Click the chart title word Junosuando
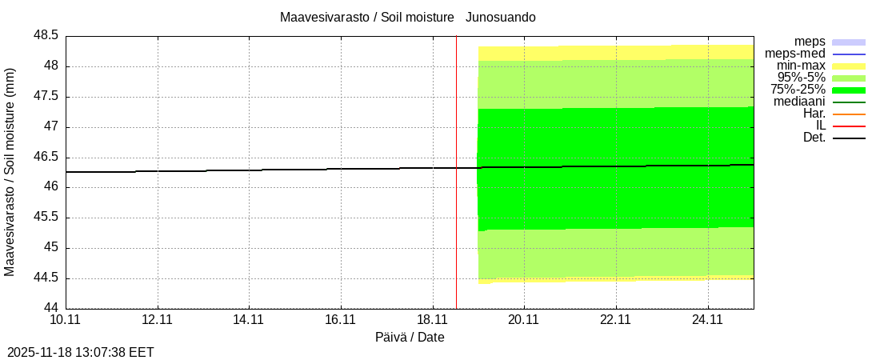[501, 17]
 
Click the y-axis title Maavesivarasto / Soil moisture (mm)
[10, 172]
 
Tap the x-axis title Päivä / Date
[410, 337]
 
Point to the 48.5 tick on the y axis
[46, 36]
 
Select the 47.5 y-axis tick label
[46, 97]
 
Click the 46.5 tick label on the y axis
[46, 157]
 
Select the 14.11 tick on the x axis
[249, 320]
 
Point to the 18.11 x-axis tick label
[433, 320]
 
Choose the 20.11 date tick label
[524, 320]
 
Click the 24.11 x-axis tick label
[708, 320]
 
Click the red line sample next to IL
[849, 126]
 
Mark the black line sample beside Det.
[849, 138]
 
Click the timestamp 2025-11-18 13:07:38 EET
[80, 352]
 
